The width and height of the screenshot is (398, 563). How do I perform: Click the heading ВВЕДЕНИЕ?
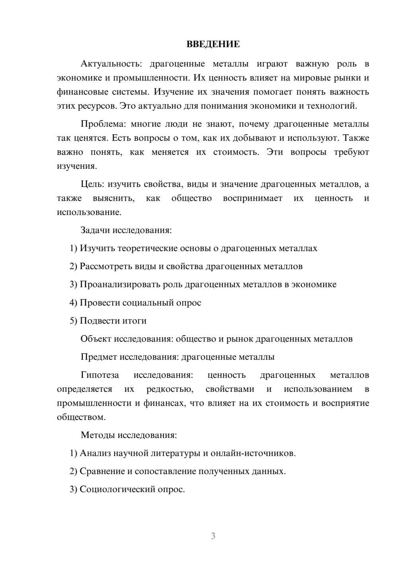[213, 44]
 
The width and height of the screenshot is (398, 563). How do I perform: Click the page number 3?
[213, 536]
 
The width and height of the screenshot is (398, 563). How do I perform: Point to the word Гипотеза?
[99, 375]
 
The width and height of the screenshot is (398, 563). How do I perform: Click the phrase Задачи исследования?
[125, 230]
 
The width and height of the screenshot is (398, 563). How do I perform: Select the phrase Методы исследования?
[128, 435]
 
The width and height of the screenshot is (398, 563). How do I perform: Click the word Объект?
[96, 339]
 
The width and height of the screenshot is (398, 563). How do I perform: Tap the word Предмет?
[98, 357]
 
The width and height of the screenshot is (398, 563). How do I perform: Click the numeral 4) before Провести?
[73, 303]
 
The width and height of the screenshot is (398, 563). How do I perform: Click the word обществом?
[81, 417]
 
